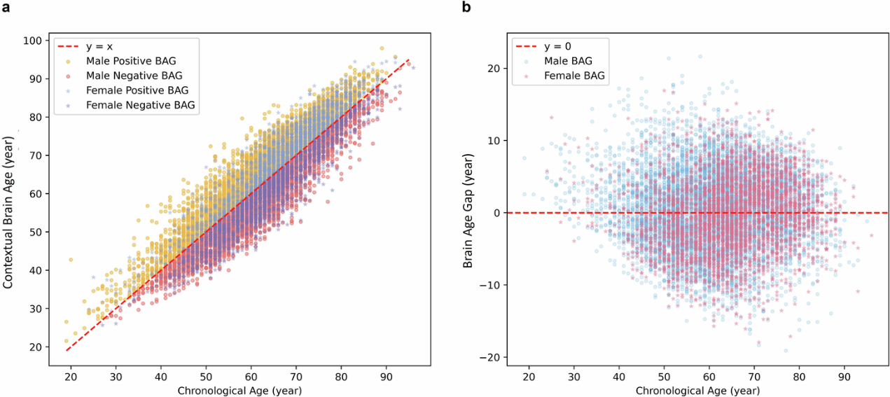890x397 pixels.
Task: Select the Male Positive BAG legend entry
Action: pos(125,60)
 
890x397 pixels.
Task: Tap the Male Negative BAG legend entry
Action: pos(127,75)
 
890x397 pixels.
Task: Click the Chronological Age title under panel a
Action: pos(240,390)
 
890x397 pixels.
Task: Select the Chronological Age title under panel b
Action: pos(697,390)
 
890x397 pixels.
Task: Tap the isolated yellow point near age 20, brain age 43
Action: pos(70,259)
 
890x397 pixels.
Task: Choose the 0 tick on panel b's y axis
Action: pos(496,213)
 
